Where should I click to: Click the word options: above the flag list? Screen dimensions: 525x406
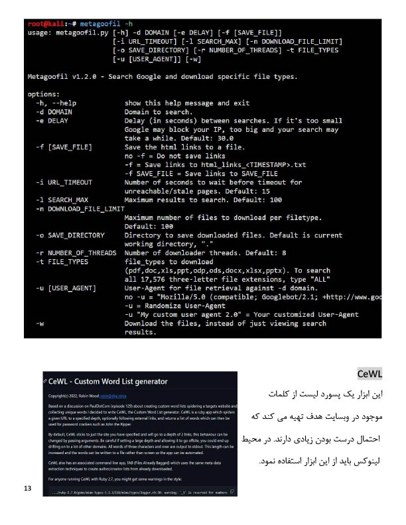coord(44,94)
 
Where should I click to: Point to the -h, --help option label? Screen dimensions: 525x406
coord(56,103)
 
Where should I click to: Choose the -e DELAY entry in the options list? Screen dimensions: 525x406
coord(52,121)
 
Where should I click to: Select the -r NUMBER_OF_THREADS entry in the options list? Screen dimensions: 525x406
coord(76,253)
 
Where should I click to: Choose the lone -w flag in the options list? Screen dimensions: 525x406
coord(40,323)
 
